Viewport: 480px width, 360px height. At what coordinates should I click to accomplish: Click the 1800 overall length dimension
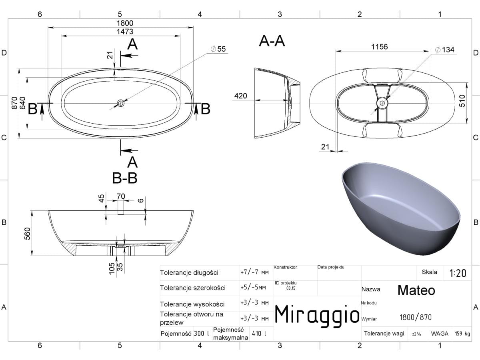125,23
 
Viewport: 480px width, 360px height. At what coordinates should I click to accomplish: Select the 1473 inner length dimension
125,32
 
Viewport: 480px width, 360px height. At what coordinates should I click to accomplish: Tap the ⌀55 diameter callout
218,49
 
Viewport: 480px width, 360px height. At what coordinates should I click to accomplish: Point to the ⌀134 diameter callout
444,50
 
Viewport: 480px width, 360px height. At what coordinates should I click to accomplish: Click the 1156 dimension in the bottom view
380,46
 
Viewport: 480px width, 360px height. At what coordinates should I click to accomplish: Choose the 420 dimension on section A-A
240,96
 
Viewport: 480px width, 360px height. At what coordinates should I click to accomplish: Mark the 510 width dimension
462,101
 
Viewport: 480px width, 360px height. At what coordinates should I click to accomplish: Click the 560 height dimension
27,234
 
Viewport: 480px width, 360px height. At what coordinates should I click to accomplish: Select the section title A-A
272,41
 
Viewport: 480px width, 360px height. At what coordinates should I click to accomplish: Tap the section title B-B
125,178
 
